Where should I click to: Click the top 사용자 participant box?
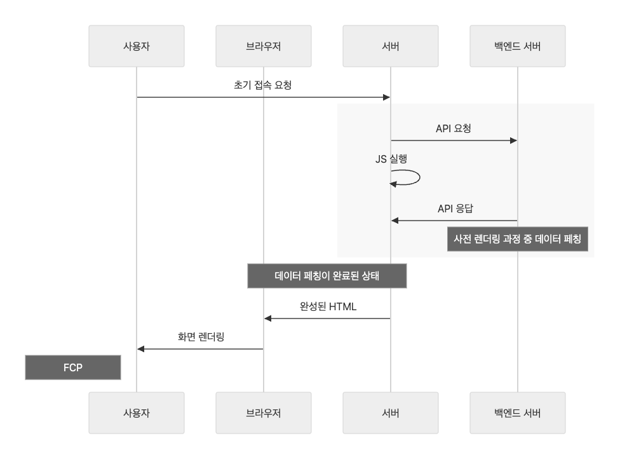point(137,46)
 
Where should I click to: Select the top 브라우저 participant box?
point(264,46)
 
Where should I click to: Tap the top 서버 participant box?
point(391,46)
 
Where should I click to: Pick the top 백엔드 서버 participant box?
point(518,46)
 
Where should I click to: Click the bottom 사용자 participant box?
point(137,413)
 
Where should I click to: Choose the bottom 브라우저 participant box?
point(264,413)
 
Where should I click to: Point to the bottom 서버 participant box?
point(391,413)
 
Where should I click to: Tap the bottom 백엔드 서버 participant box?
point(518,413)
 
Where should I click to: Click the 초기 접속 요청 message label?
point(263,85)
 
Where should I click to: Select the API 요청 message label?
point(454,128)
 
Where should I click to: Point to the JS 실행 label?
point(391,159)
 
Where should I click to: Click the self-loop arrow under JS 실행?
point(410,177)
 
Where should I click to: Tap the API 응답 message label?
point(454,208)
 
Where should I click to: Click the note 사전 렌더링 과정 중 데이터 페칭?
point(518,239)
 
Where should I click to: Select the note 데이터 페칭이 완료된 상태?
point(327,276)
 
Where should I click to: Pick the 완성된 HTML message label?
point(328,306)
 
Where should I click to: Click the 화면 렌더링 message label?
point(201,337)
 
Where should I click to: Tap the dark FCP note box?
point(73,367)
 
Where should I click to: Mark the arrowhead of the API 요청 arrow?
point(513,140)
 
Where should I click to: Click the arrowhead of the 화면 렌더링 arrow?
point(141,349)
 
